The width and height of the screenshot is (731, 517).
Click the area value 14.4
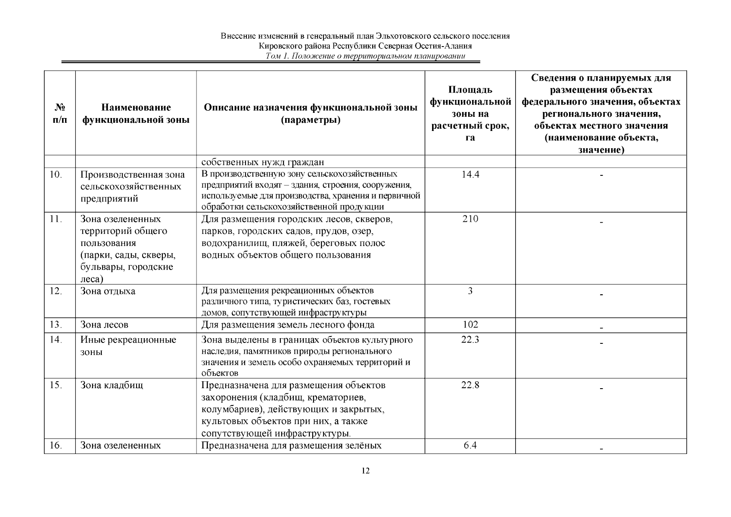470,174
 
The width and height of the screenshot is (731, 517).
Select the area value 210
470,219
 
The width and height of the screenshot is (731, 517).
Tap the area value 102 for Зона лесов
470,324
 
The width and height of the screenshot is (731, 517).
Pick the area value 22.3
470,340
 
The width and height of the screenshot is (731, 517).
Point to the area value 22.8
470,385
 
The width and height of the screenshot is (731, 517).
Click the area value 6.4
470,445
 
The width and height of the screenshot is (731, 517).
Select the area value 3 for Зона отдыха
470,291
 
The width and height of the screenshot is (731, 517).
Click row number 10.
56,174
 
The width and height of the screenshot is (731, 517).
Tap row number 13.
56,324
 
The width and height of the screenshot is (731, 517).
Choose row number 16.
56,445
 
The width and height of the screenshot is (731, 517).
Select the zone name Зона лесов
104,324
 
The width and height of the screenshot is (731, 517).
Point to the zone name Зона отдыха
108,291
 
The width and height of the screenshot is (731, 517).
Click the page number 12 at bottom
365,470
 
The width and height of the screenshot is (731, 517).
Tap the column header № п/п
60,113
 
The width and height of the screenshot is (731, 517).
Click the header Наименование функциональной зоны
136,113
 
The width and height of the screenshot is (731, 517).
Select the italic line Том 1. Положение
365,56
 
